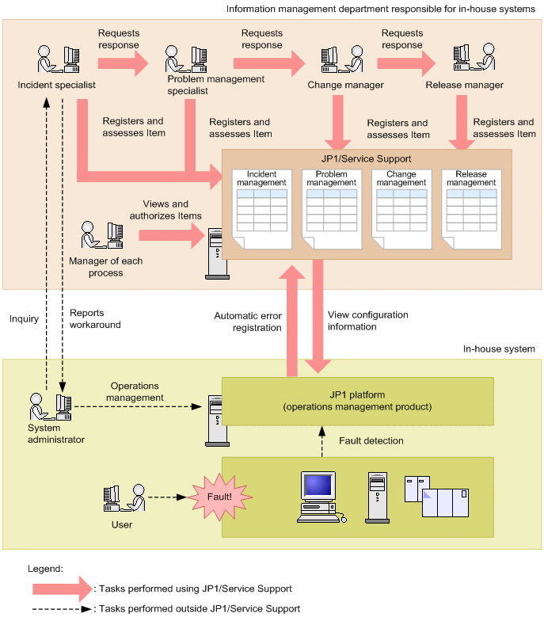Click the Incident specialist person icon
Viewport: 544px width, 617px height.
(57, 60)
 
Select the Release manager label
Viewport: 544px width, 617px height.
(464, 85)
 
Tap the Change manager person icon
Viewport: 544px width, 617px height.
(341, 60)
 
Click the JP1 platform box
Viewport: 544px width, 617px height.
(358, 401)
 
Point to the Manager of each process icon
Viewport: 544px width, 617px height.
(102, 235)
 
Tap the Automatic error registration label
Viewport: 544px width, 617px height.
(248, 321)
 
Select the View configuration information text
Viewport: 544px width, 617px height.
(368, 320)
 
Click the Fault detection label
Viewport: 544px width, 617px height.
(371, 440)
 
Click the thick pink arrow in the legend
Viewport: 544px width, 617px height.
(62, 588)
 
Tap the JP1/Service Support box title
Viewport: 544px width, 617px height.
(366, 158)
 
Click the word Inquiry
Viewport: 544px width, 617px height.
(24, 318)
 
